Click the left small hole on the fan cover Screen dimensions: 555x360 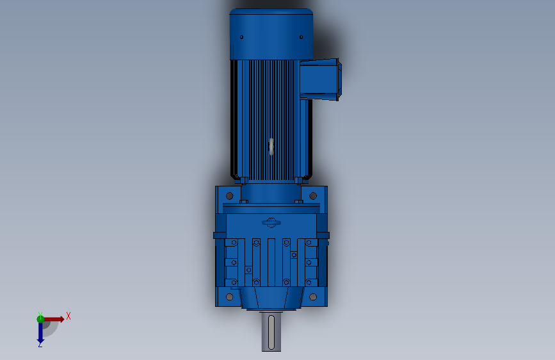pyautogui.click(x=242, y=37)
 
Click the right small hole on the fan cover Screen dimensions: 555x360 pyautogui.click(x=302, y=37)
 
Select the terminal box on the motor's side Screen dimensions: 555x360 pyautogui.click(x=320, y=79)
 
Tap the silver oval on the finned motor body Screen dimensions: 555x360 pyautogui.click(x=271, y=147)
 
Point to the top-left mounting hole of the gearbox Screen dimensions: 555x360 pyautogui.click(x=230, y=196)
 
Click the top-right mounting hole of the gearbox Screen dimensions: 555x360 pyautogui.click(x=313, y=196)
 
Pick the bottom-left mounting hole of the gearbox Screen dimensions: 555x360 pyautogui.click(x=230, y=297)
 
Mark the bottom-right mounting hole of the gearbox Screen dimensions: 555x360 pyautogui.click(x=313, y=297)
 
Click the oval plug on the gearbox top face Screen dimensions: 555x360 pyautogui.click(x=271, y=222)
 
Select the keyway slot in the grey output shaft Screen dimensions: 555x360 pyautogui.click(x=271, y=332)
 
